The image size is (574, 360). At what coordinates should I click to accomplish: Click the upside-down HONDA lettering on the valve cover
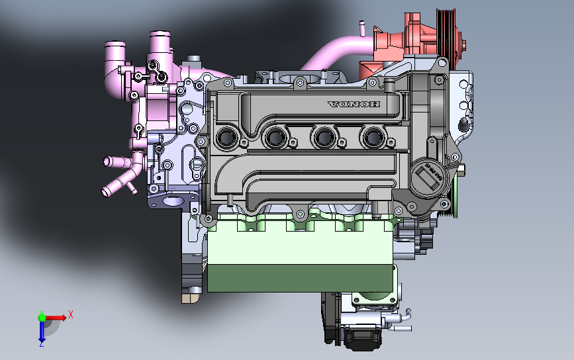[354, 105]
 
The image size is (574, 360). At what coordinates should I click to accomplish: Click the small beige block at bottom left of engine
[191, 297]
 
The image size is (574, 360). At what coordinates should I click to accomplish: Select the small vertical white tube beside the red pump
[362, 28]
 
